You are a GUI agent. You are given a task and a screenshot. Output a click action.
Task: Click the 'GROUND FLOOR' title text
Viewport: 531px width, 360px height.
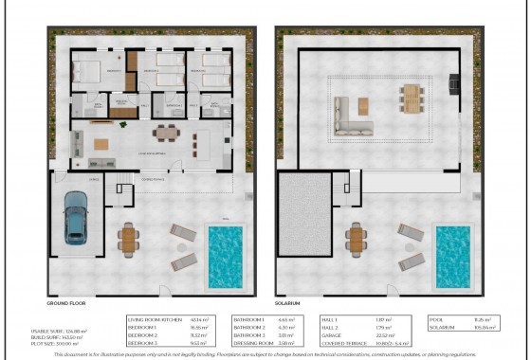pos(66,304)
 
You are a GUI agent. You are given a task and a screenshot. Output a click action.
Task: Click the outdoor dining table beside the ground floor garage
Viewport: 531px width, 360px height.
pos(128,240)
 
